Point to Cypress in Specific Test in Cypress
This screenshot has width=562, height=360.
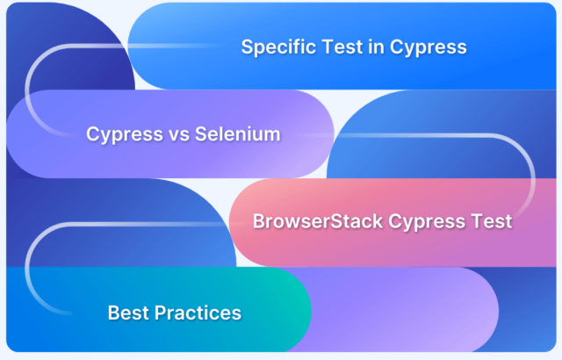point(429,47)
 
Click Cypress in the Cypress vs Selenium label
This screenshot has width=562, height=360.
point(125,134)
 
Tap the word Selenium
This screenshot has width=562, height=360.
point(238,134)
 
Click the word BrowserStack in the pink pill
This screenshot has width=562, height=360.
point(318,221)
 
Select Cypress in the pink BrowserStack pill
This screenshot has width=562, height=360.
point(427,222)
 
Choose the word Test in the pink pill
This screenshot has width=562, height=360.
point(492,221)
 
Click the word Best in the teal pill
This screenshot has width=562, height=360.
point(129,313)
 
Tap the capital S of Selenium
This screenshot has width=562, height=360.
point(201,134)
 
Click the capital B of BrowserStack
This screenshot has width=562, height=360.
point(259,221)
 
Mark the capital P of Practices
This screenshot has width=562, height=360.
point(160,313)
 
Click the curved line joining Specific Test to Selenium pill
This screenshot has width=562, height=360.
point(27,90)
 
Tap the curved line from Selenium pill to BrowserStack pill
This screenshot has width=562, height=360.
point(533,177)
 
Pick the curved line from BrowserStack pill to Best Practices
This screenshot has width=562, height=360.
point(27,269)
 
